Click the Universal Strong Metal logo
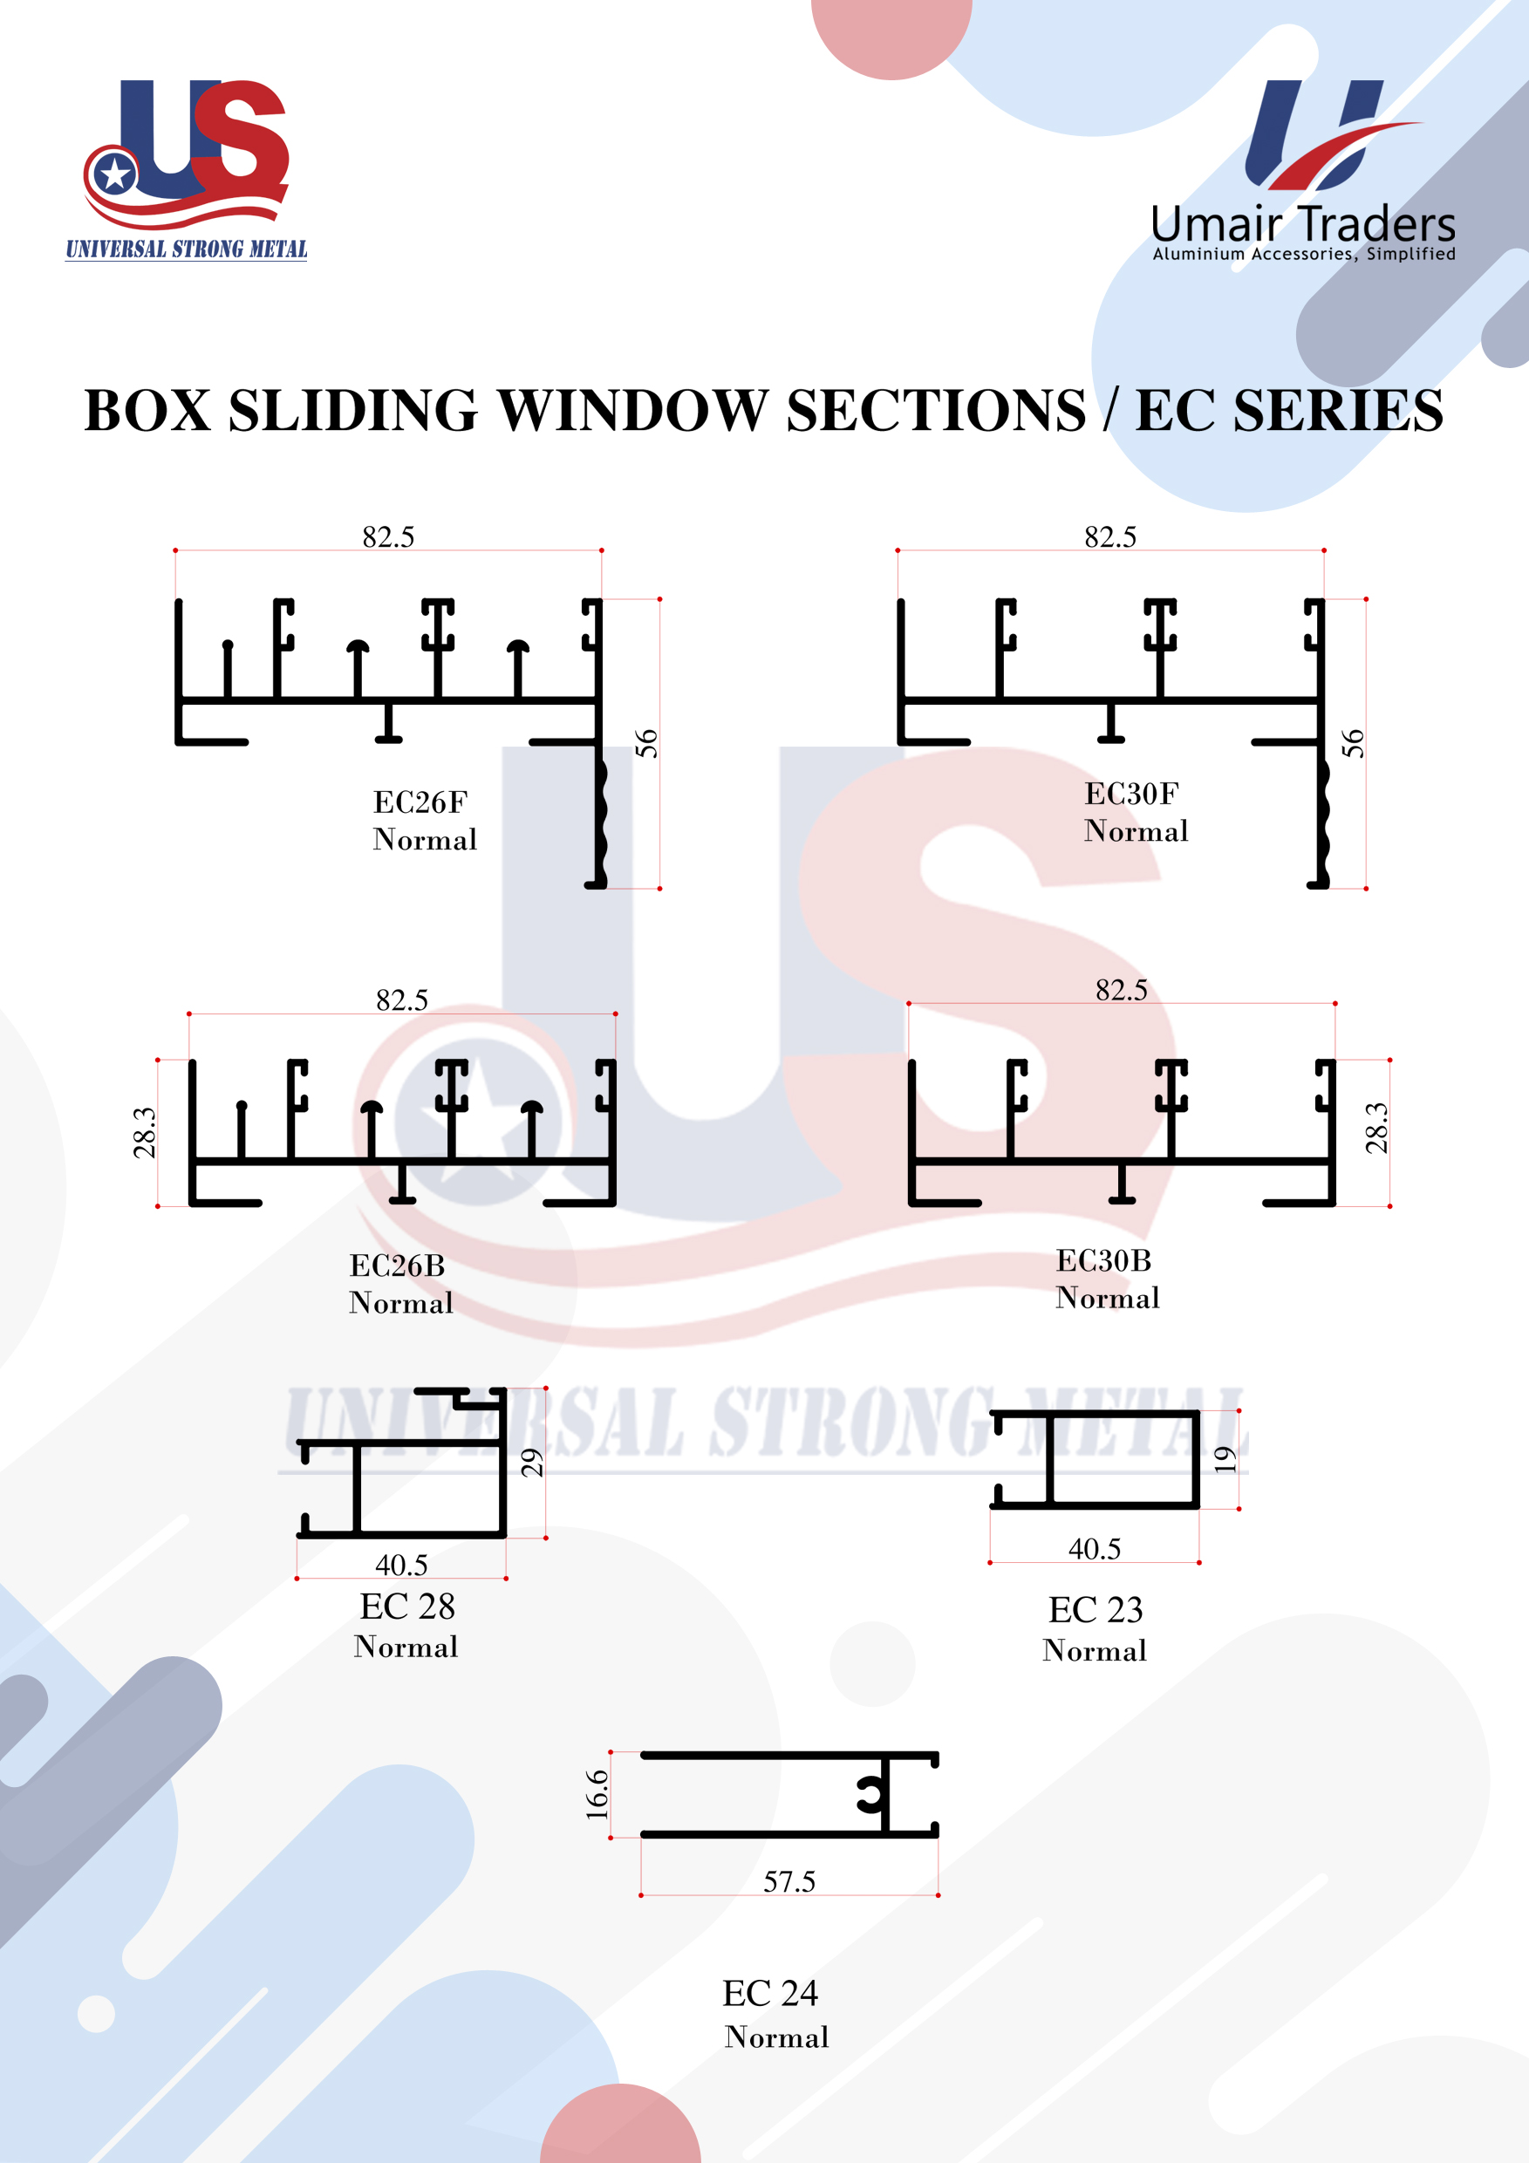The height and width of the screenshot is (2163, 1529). (187, 169)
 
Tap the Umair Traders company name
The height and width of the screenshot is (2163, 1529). (1303, 224)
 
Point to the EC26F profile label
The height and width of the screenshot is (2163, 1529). (420, 802)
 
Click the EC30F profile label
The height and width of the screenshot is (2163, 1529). (1131, 793)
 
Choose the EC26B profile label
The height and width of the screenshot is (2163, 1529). (398, 1266)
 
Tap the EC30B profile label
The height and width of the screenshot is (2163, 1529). (1104, 1260)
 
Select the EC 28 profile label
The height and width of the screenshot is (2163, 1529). (407, 1607)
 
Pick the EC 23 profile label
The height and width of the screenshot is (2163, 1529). (1096, 1610)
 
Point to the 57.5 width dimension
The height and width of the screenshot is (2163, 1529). (789, 1882)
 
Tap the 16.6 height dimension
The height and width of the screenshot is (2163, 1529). (597, 1795)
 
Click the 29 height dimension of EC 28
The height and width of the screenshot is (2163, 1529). (532, 1463)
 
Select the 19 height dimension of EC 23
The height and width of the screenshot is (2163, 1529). (1225, 1459)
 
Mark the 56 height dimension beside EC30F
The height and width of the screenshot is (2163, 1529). (1353, 743)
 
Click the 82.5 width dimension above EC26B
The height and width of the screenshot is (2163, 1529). (402, 1000)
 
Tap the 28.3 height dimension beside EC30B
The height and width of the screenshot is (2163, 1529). (1377, 1128)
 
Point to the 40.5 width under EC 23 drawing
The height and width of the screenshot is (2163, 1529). (1095, 1549)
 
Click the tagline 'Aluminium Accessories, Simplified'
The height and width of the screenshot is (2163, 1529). (1304, 254)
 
